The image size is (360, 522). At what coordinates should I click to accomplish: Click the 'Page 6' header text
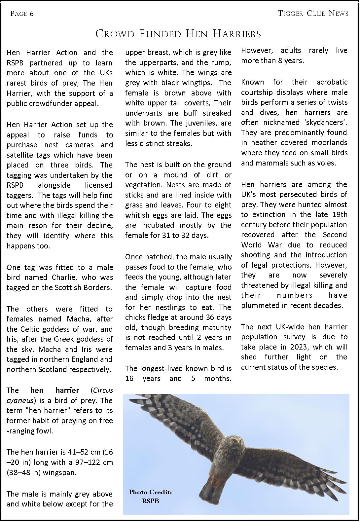click(x=22, y=14)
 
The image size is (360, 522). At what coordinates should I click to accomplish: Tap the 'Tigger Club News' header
click(x=313, y=14)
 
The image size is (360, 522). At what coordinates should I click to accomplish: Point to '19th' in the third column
click(x=340, y=215)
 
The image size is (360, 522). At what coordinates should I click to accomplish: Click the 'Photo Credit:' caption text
click(x=150, y=492)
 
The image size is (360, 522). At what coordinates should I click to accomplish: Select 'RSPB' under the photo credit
click(x=150, y=501)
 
